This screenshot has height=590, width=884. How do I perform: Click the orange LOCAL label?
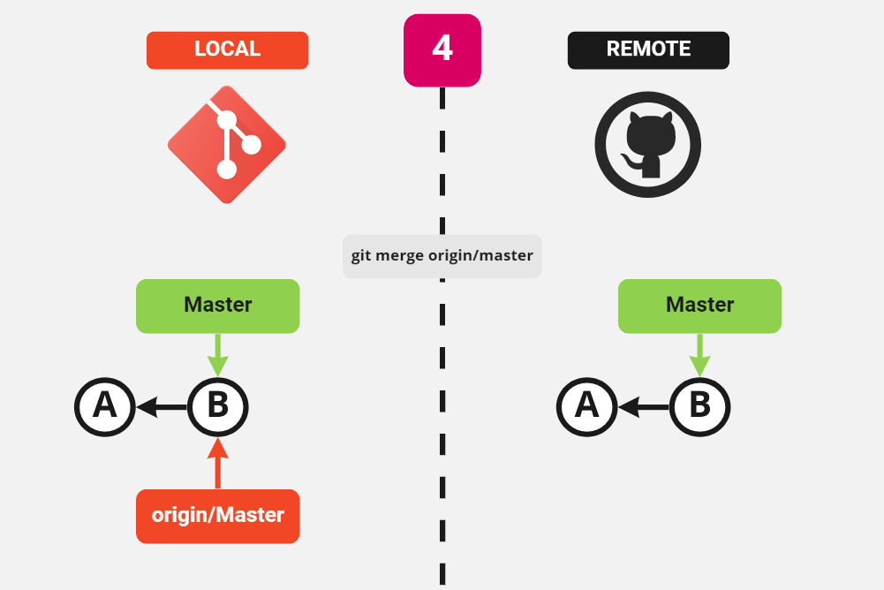point(227,50)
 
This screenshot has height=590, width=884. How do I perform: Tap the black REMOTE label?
point(648,50)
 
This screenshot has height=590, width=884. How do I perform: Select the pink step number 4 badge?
point(442,50)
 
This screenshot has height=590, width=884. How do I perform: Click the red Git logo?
point(227,145)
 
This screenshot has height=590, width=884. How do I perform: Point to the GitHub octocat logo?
point(648,145)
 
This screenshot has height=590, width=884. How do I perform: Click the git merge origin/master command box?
point(442,256)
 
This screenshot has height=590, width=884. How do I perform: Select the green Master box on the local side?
point(218,306)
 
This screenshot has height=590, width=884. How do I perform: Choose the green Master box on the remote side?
point(699,306)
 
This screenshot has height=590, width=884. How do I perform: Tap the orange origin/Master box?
point(218,515)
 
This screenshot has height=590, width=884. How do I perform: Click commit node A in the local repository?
point(104,407)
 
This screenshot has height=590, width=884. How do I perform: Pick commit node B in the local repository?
point(218,407)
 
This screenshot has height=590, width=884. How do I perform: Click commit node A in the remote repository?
point(586,407)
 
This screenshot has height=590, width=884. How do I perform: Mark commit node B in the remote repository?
point(699,407)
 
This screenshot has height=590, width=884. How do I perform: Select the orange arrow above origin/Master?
point(218,463)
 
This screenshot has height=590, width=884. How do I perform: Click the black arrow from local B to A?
point(161,407)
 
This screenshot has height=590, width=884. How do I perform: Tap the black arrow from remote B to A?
point(643,407)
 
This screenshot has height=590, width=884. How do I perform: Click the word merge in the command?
point(399,256)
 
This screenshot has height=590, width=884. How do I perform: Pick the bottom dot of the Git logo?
point(227,169)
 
